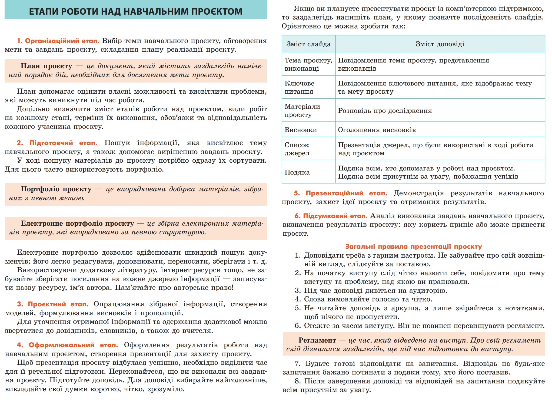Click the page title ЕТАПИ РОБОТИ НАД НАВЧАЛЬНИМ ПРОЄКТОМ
pyautogui.click(x=135, y=11)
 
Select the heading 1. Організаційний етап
pyautogui.click(x=58, y=41)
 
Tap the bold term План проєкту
pyautogui.click(x=46, y=66)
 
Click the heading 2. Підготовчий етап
pyautogui.click(x=57, y=143)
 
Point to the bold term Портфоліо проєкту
pyautogui.click(x=56, y=189)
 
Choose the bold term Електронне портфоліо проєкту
pyautogui.click(x=77, y=223)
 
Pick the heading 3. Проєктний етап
pyautogui.click(x=53, y=304)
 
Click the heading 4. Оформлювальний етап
pyautogui.click(x=67, y=345)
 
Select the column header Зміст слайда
pyautogui.click(x=308, y=44)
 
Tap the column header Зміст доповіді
pyautogui.click(x=440, y=44)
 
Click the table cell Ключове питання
pyautogui.click(x=300, y=87)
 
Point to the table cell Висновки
pyautogui.click(x=301, y=130)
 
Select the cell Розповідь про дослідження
pyautogui.click(x=385, y=111)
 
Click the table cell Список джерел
pyautogui.click(x=297, y=149)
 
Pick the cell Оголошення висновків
pyautogui.click(x=377, y=130)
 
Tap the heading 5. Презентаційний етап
pyautogui.click(x=340, y=193)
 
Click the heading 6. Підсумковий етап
pyautogui.click(x=331, y=216)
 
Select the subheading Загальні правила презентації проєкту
pyautogui.click(x=413, y=246)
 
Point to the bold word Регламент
pyautogui.click(x=317, y=340)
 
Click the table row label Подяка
pyautogui.click(x=297, y=172)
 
